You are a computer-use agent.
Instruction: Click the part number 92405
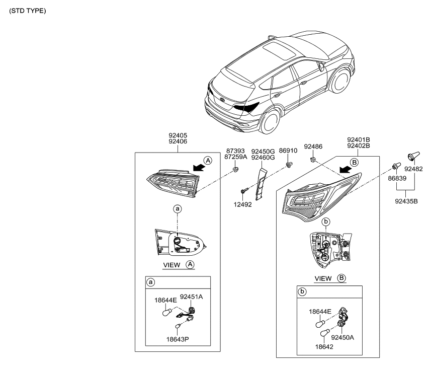[178, 135]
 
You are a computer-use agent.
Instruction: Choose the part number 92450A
[342, 337]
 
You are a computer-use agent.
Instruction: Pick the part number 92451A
[191, 297]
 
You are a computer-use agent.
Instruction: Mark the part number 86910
[288, 151]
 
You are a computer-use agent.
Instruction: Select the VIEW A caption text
[179, 265]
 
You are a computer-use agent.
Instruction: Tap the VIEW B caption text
[329, 278]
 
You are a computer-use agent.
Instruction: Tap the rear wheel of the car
[270, 123]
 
